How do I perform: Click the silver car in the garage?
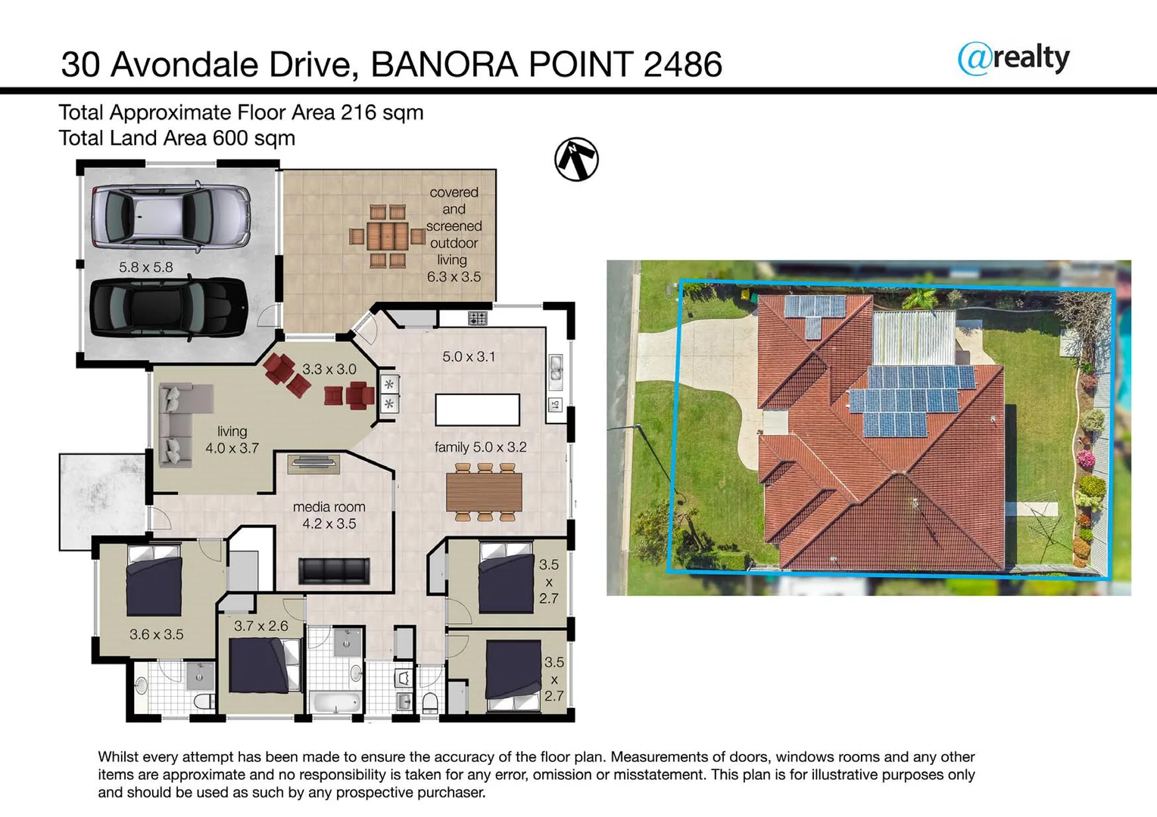[170, 216]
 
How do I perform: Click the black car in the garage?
[168, 308]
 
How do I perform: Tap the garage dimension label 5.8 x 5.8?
[145, 267]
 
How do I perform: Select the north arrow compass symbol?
[576, 160]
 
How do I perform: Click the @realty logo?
[1013, 58]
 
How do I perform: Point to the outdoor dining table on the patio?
[387, 237]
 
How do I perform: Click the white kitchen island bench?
[477, 410]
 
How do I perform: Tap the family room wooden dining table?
[484, 492]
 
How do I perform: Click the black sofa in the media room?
[334, 570]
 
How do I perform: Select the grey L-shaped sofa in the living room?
[179, 424]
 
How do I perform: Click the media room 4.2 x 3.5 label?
[329, 515]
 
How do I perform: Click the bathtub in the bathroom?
[335, 701]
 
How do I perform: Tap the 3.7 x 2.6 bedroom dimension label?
[260, 626]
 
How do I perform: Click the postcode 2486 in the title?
[682, 64]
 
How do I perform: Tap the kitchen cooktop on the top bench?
[477, 318]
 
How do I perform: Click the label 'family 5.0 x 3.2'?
[480, 447]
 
